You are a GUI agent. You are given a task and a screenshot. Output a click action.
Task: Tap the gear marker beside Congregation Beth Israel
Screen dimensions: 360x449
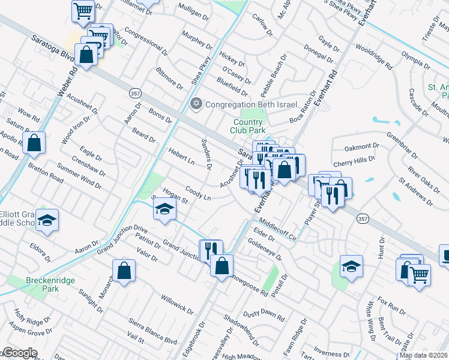pyautogui.click(x=195, y=104)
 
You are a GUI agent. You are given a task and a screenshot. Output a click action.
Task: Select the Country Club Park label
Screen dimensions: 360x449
pyautogui.click(x=249, y=126)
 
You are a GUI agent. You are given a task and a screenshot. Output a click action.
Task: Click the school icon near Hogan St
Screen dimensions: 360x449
pyautogui.click(x=164, y=210)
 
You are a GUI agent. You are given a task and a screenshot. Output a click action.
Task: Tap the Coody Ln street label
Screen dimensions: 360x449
pyautogui.click(x=198, y=194)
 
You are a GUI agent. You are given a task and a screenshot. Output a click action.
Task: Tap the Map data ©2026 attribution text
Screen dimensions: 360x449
pyautogui.click(x=424, y=355)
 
